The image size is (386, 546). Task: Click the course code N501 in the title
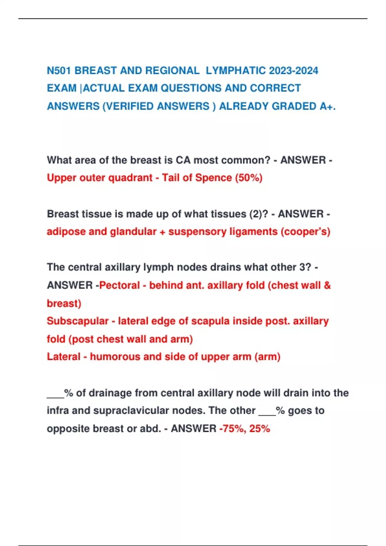click(x=59, y=71)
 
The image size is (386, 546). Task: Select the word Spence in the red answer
click(x=214, y=178)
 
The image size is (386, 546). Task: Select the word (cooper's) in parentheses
click(x=305, y=232)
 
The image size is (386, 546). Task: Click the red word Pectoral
click(x=119, y=285)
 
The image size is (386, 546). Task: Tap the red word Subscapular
click(x=78, y=321)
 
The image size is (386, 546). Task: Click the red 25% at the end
click(x=259, y=428)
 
